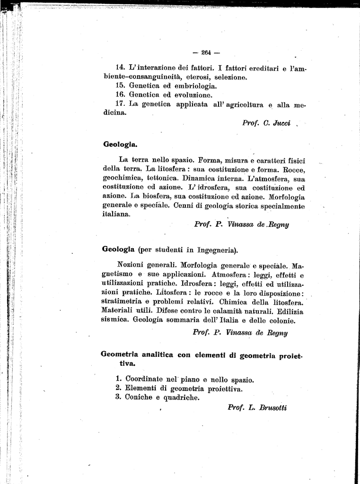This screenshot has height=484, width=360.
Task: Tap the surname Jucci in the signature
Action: [281, 123]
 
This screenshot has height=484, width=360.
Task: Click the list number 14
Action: [120, 68]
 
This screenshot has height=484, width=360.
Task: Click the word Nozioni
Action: [137, 265]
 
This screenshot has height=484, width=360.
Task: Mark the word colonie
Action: [281, 320]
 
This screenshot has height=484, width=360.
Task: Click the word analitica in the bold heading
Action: [153, 355]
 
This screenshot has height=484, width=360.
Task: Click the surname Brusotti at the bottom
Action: [273, 407]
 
